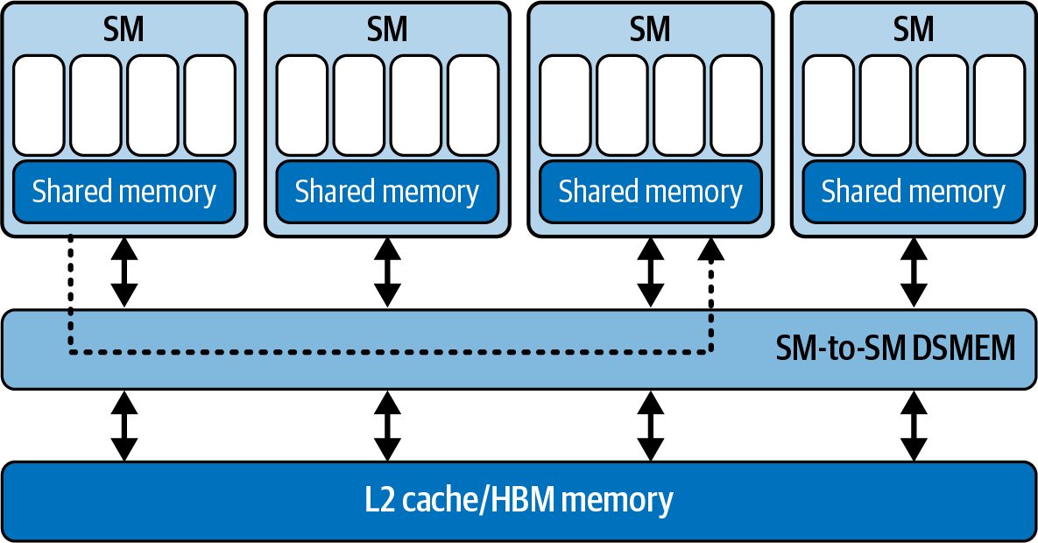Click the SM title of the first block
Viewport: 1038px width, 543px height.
tap(124, 29)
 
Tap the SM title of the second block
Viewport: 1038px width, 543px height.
tap(387, 29)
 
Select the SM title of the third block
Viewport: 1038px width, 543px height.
tap(650, 29)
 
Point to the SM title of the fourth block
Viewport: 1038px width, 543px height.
tap(914, 29)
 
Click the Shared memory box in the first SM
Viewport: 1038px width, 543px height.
tap(124, 192)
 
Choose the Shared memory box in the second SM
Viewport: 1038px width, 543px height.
tap(387, 192)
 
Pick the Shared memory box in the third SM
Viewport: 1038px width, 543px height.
tap(650, 192)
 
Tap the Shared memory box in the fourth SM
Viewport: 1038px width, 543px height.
tap(914, 192)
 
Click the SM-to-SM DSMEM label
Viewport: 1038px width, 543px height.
tap(895, 348)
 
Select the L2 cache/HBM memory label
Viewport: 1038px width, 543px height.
tap(519, 499)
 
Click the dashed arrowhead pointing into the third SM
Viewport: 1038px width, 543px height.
tap(711, 249)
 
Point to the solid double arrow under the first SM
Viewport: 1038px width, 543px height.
tap(124, 272)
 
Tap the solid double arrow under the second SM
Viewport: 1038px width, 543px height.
tap(387, 272)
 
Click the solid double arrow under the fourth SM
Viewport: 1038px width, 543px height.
tap(914, 272)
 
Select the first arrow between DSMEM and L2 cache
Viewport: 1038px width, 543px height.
tap(124, 426)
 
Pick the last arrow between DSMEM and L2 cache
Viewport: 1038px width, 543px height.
tap(914, 426)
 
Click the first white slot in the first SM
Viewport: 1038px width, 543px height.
tap(39, 105)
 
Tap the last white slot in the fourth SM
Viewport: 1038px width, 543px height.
tap(999, 105)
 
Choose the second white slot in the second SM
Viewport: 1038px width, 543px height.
tap(359, 105)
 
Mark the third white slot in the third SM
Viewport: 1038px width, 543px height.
tap(679, 105)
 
